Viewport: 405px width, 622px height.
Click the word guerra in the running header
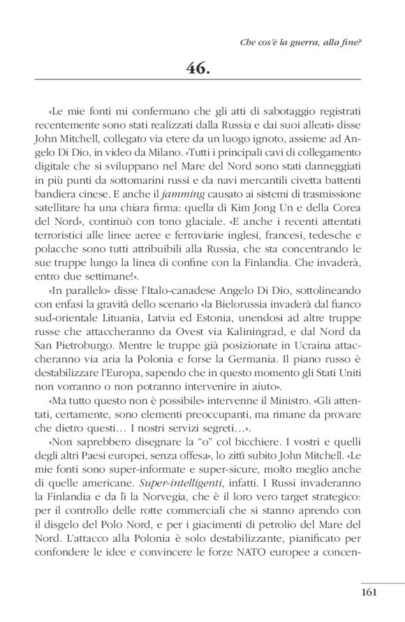(300, 42)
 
